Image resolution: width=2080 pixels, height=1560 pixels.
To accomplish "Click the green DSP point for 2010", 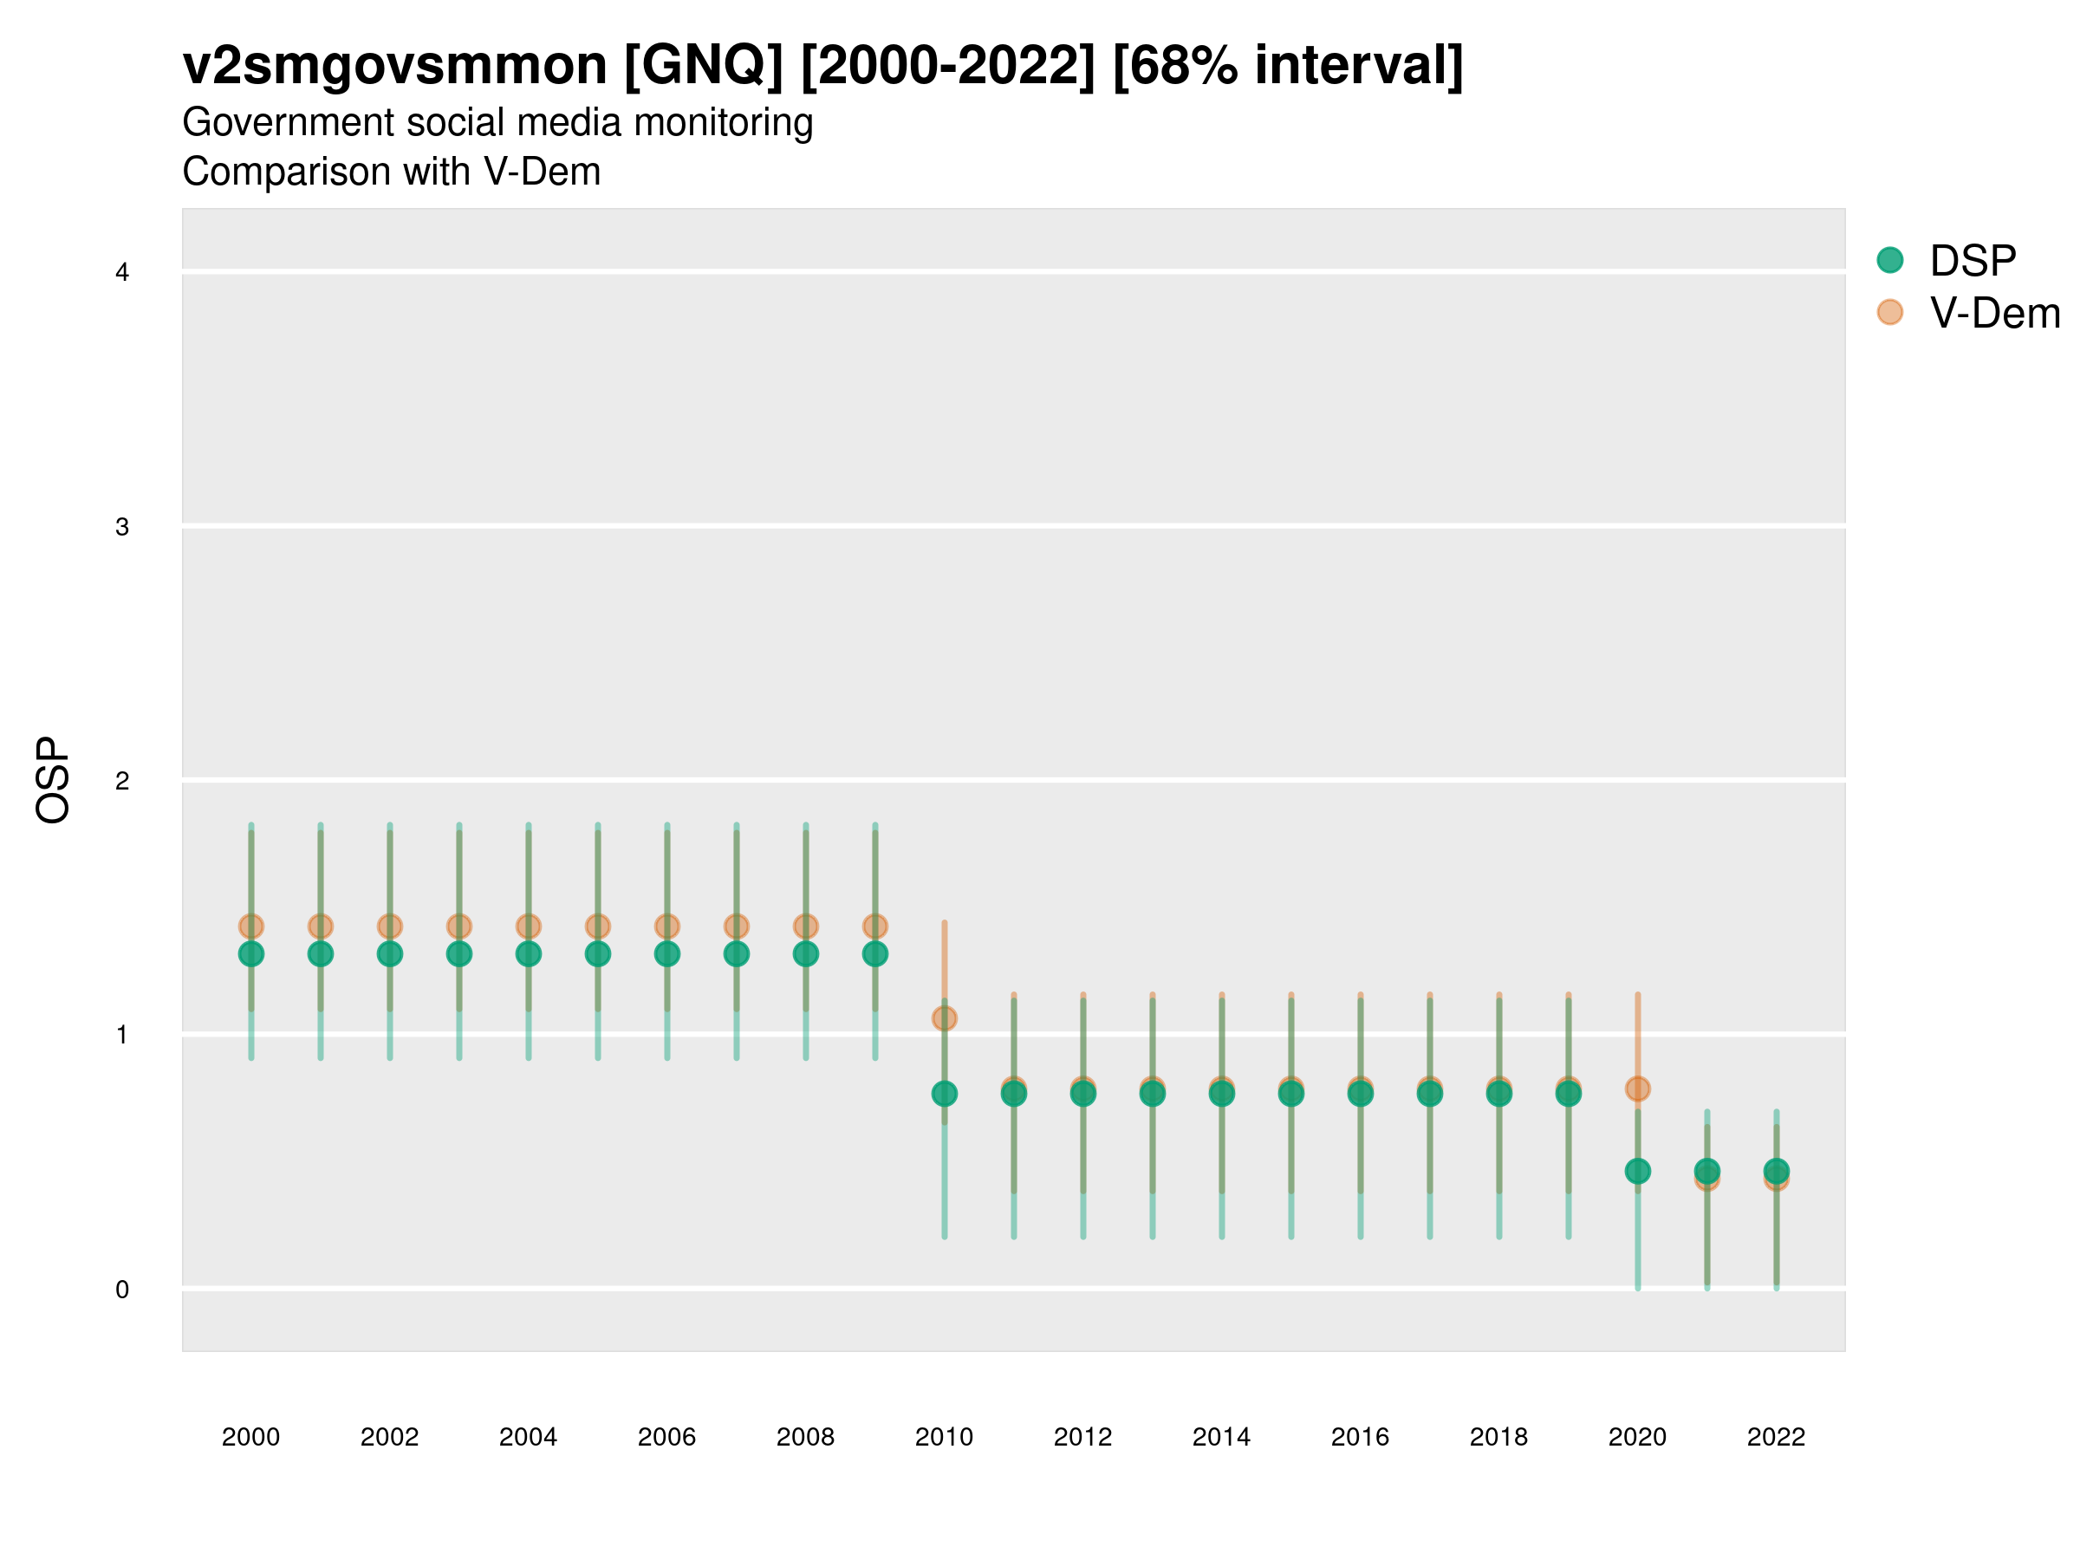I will pos(944,1094).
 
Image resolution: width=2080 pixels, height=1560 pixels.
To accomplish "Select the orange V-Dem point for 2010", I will pos(944,1018).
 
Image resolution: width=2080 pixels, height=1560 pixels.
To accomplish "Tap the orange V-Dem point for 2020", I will pos(1637,1089).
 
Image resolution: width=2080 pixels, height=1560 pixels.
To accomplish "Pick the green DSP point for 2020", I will pos(1637,1171).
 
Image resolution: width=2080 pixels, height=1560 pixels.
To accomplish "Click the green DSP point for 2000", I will pos(251,953).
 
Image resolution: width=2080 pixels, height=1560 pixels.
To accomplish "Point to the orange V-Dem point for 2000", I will pos(251,926).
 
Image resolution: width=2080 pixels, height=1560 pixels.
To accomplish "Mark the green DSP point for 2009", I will pos(874,953).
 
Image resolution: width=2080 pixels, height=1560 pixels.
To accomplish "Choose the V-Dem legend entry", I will pos(1993,313).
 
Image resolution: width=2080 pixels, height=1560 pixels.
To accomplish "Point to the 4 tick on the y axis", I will pos(122,273).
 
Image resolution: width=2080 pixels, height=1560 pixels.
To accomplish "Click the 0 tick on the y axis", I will pos(122,1290).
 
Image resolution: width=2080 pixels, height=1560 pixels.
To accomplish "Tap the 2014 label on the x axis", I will pos(1221,1437).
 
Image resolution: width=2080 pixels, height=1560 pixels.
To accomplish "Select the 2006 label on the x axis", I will pos(666,1437).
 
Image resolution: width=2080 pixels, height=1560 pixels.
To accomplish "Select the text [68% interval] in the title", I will pos(1287,66).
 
